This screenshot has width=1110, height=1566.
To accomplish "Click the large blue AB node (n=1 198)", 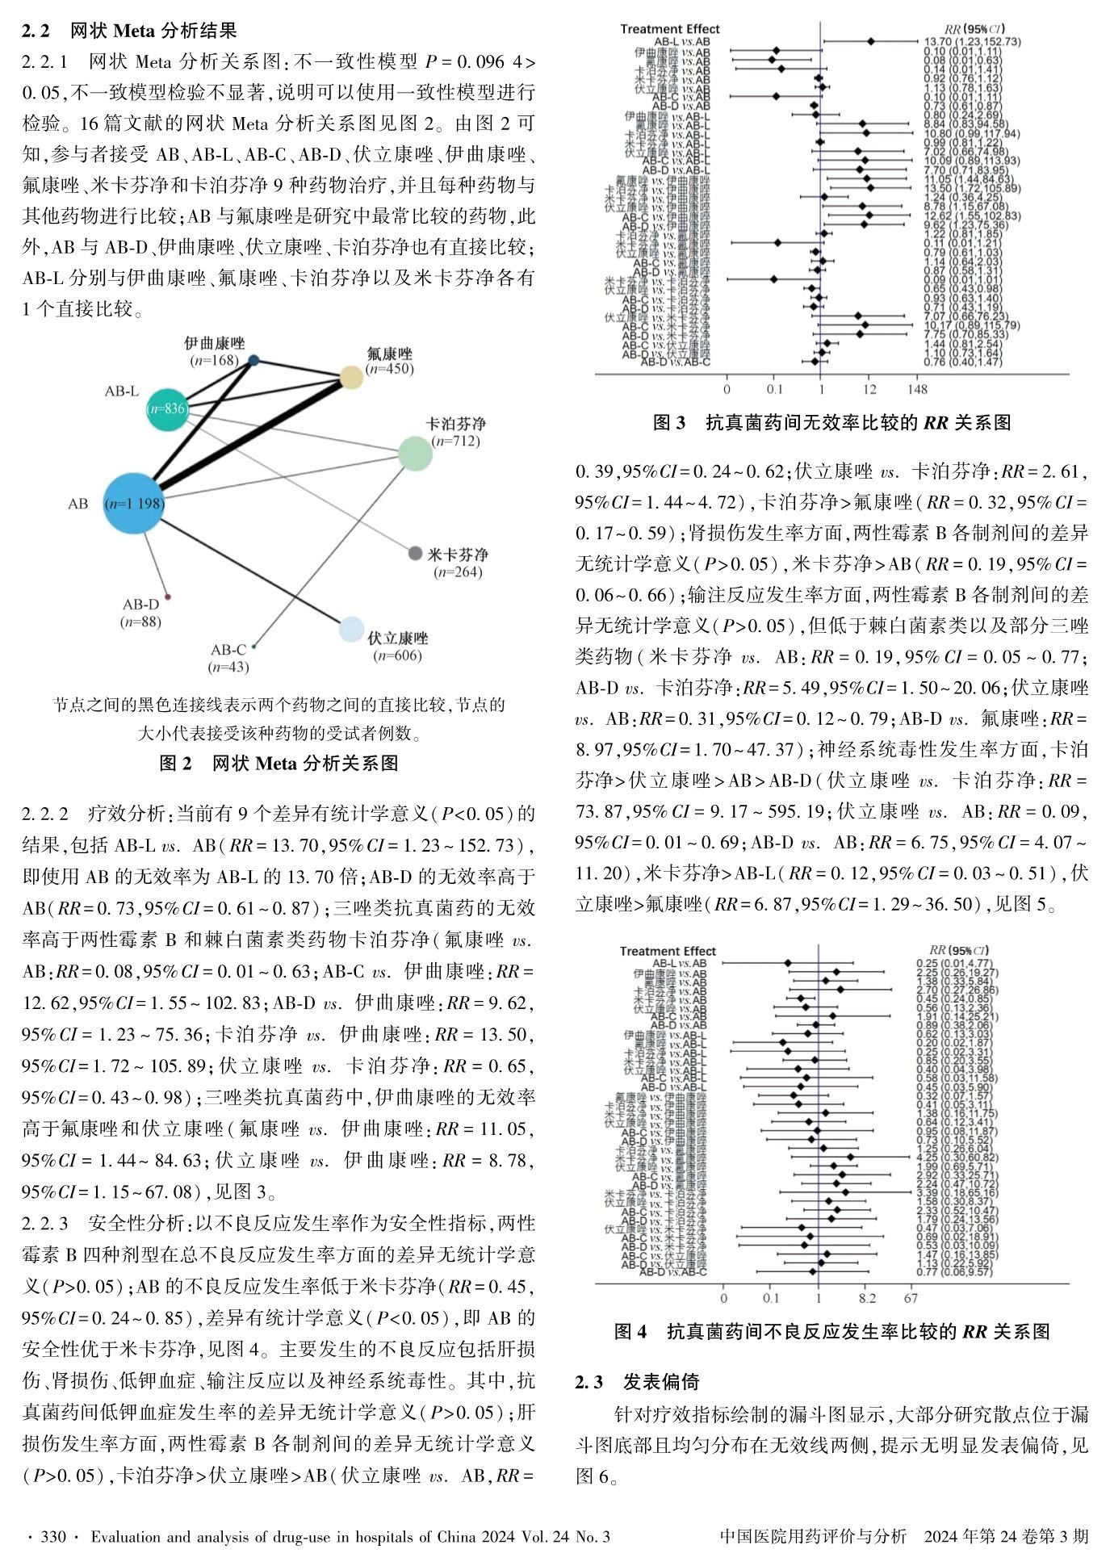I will (x=134, y=504).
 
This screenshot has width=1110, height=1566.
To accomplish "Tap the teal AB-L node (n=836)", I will (x=166, y=408).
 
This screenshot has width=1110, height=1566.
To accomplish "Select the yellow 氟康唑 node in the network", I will (x=351, y=377).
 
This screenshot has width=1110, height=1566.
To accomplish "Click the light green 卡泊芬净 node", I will (x=414, y=453).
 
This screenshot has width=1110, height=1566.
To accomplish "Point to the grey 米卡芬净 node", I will (x=415, y=554).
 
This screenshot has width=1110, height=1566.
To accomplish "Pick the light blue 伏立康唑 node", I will (x=351, y=630).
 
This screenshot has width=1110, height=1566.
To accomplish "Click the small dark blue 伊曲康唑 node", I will (x=253, y=361).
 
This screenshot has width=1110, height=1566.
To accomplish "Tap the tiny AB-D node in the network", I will (x=167, y=597).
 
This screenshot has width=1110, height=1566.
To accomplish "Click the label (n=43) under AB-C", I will (x=228, y=668).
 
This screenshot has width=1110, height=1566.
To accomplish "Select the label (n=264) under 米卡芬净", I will (x=457, y=572).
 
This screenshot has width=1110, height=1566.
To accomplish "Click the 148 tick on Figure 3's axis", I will (x=917, y=390).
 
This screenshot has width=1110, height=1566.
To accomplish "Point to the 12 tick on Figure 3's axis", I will (x=869, y=390).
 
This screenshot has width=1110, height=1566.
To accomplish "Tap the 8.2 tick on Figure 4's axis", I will (x=867, y=1299).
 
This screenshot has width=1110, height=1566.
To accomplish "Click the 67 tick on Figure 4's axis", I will (x=911, y=1299).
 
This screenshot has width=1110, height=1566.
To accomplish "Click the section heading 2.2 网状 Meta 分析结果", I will (x=130, y=31).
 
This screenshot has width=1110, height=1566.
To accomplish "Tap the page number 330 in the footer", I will (x=53, y=1537).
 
